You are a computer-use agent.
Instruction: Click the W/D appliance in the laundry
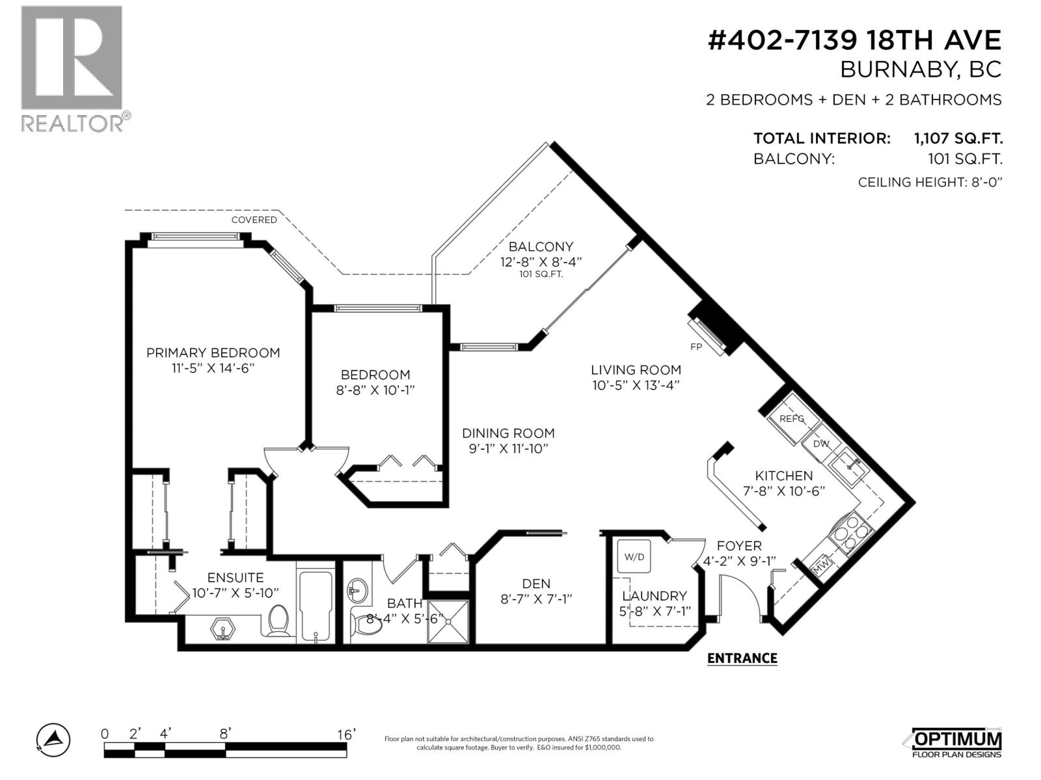coord(634,557)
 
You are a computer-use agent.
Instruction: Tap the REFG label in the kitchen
coord(792,419)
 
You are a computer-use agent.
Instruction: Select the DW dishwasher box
coord(821,443)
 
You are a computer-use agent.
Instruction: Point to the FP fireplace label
coord(696,347)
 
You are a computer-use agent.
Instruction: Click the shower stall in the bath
coord(448,621)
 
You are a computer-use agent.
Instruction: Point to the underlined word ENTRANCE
coord(742,658)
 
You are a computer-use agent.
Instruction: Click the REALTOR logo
coord(72,68)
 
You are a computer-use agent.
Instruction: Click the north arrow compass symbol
coord(53,738)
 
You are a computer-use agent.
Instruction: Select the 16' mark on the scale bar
coord(346,734)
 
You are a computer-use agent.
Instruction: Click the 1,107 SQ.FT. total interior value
coord(958,138)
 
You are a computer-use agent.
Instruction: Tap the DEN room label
coord(535,584)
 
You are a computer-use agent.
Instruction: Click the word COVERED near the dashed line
coord(254,220)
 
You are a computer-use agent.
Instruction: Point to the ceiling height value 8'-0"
coord(985,182)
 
